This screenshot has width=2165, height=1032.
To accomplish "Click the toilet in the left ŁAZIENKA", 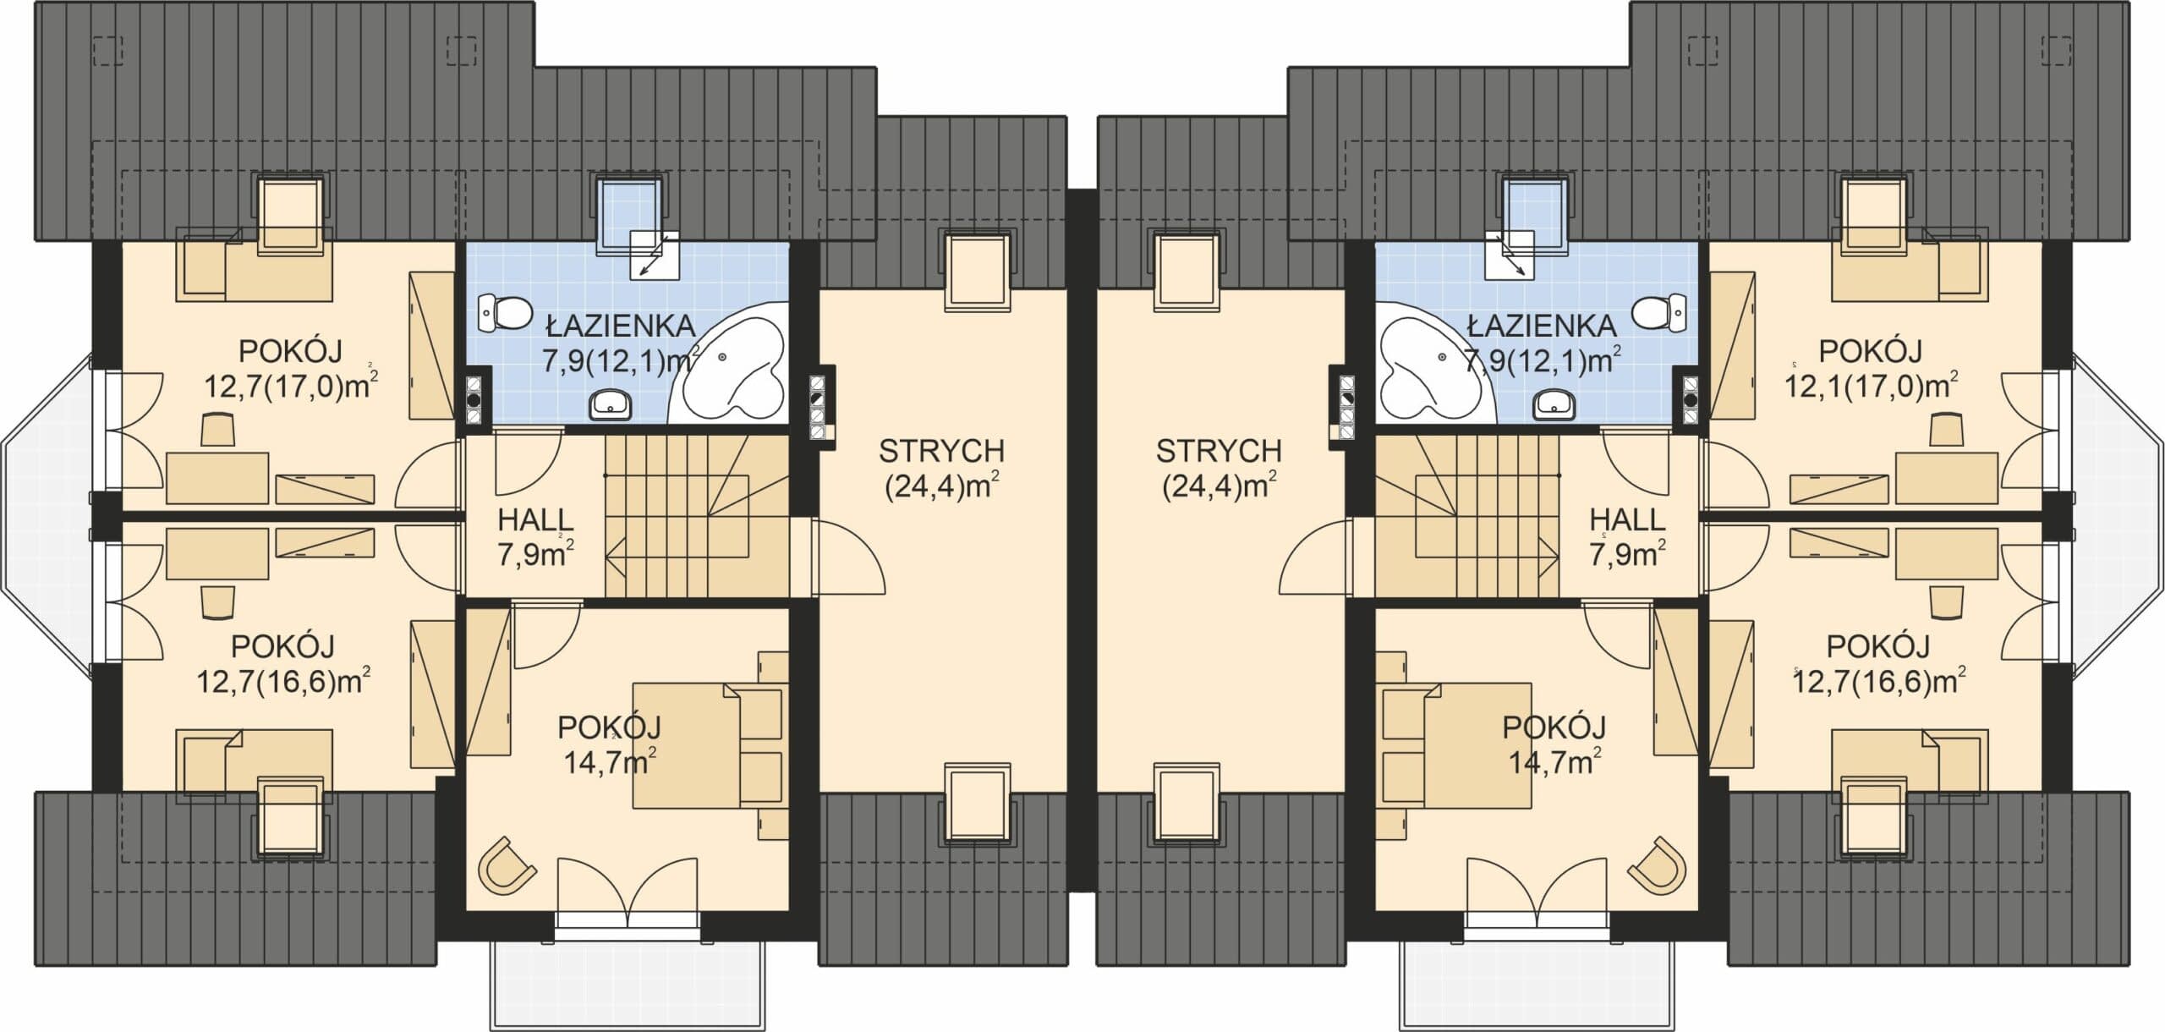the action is click(x=502, y=314).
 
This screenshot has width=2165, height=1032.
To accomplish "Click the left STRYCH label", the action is click(x=941, y=452).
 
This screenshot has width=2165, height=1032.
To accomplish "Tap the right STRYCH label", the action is click(x=1220, y=452).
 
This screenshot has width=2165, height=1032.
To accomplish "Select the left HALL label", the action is click(x=536, y=519).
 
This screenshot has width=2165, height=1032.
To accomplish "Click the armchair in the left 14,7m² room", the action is click(x=506, y=865).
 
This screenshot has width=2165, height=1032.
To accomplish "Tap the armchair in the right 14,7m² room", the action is click(x=1658, y=865).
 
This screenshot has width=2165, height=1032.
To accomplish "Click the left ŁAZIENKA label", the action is click(x=620, y=326).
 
